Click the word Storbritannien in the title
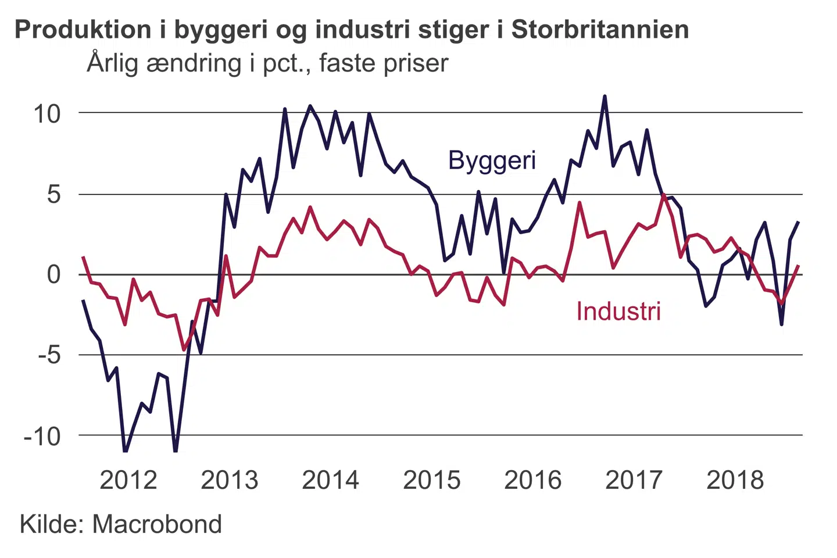pos(600,30)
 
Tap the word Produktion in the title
pos(83,30)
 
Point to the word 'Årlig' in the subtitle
pos(113,63)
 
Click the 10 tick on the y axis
pos(47,114)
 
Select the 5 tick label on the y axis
pos(53,194)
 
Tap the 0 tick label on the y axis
pos(53,274)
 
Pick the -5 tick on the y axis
pos(49,355)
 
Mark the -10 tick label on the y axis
pos(42,435)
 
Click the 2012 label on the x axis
pos(128,480)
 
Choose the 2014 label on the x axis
pos(331,480)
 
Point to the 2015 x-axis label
pos(432,480)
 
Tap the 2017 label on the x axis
pos(634,480)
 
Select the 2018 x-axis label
pos(735,480)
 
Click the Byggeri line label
pos(492,160)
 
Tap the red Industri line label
pos(618,312)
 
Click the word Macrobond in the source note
pos(157,524)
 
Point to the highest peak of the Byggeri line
pos(604,96)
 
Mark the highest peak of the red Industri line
pos(663,195)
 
